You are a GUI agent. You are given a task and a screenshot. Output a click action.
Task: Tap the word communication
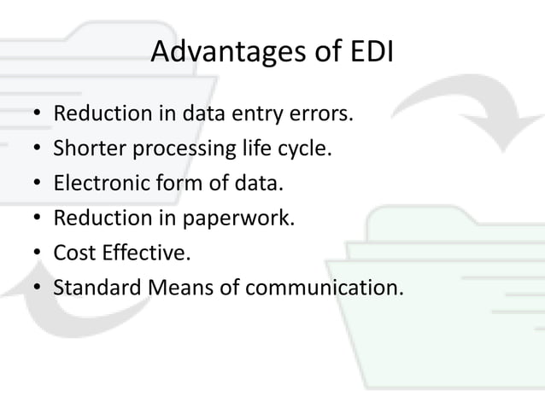tap(320, 289)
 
